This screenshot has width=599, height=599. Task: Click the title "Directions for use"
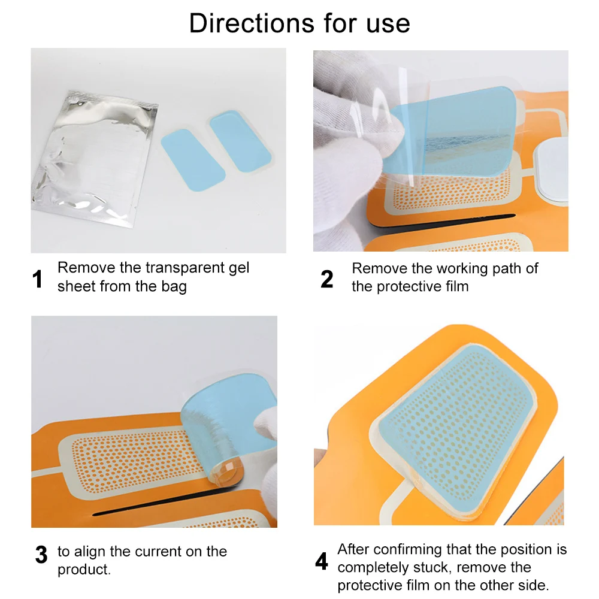(x=299, y=23)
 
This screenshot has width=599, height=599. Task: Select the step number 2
(x=326, y=280)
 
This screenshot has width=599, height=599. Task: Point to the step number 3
(x=41, y=555)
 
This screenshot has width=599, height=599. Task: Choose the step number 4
(x=322, y=562)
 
